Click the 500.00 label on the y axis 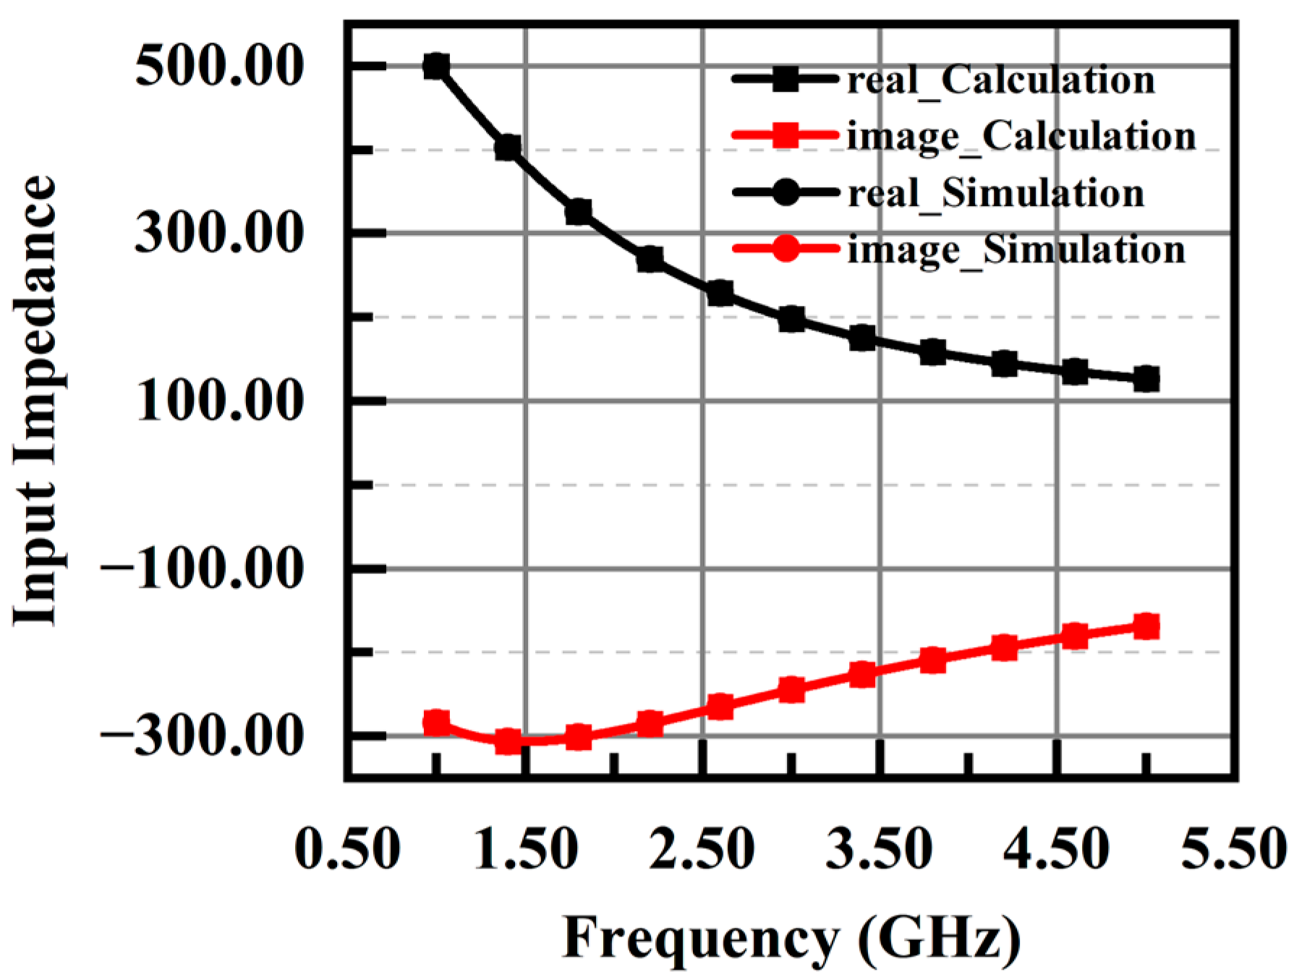218,67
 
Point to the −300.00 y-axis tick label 200,736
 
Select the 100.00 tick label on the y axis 218,401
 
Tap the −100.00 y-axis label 200,568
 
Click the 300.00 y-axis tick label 218,234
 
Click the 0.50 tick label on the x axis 347,849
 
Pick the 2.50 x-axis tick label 702,849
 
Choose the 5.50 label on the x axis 1234,849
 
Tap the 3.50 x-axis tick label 879,849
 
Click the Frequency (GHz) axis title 791,939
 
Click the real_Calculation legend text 1001,80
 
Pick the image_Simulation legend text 1016,250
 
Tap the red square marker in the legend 786,135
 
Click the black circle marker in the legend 786,192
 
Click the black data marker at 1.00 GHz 436,67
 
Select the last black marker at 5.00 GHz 1146,378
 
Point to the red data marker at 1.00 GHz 436,722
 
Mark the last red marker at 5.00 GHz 1146,626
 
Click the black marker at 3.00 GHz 791,319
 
